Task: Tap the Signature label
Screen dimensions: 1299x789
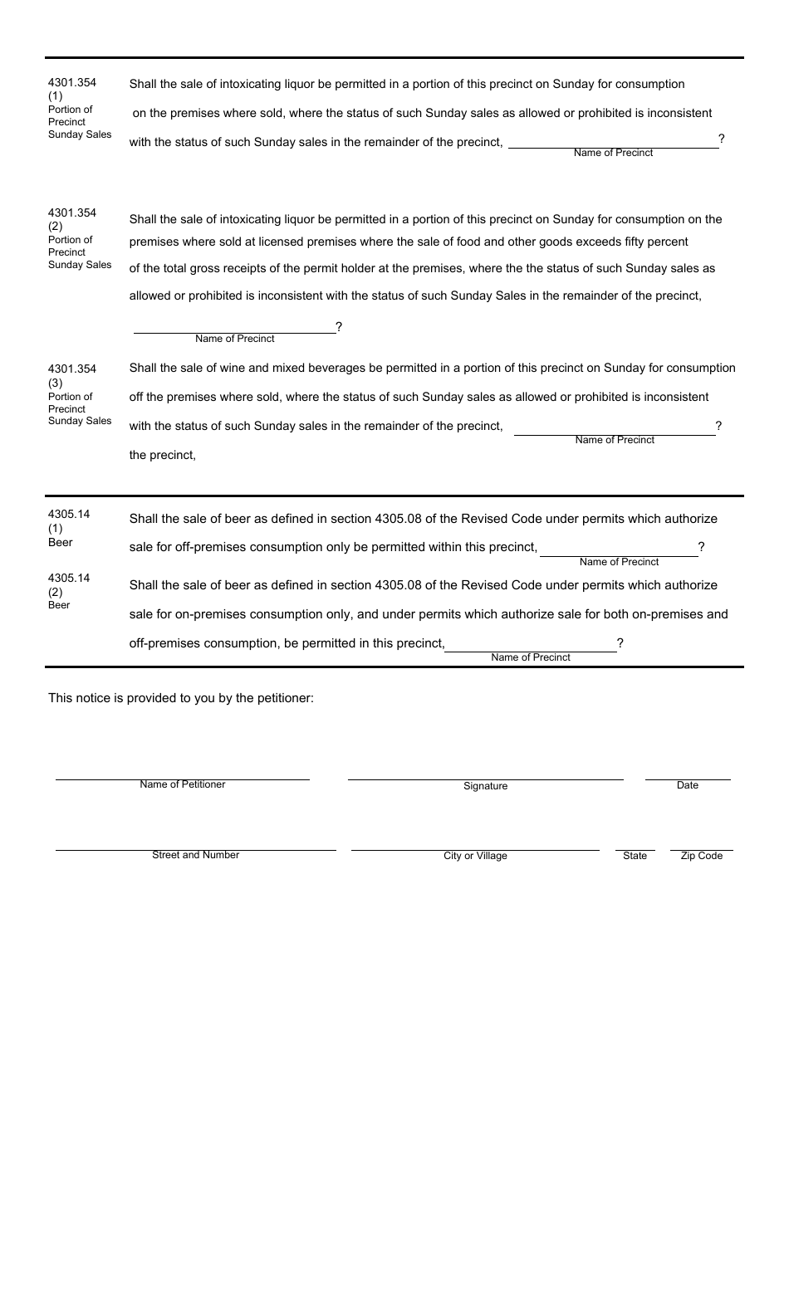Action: (x=485, y=786)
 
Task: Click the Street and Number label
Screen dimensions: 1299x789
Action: (x=195, y=856)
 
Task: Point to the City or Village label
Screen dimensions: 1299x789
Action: (x=475, y=857)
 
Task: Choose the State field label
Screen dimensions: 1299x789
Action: (x=635, y=857)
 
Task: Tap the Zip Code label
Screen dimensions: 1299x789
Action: (x=701, y=857)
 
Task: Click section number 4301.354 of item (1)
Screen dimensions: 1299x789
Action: (x=72, y=83)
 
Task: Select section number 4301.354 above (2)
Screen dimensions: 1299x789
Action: (x=72, y=213)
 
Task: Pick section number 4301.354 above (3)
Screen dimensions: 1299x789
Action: (x=72, y=369)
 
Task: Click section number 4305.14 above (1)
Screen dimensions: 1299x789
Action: (x=69, y=515)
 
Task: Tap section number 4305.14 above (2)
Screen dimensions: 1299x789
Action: (x=69, y=579)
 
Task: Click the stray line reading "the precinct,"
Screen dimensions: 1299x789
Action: (x=163, y=456)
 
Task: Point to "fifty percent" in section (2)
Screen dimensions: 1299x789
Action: (x=656, y=242)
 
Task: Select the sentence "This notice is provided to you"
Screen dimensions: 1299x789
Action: (x=180, y=699)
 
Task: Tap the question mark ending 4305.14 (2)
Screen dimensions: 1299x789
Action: (x=620, y=643)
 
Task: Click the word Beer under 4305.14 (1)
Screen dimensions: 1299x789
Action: (x=61, y=543)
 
